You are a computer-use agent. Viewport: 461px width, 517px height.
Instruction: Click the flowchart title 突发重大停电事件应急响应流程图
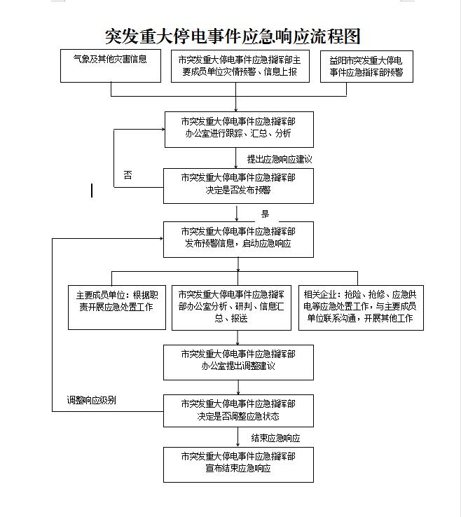(x=233, y=36)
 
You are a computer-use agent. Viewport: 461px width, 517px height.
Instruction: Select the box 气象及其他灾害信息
(x=111, y=66)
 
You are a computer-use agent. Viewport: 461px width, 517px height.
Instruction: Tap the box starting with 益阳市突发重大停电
(x=366, y=67)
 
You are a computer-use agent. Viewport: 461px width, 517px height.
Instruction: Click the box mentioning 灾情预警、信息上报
(x=240, y=66)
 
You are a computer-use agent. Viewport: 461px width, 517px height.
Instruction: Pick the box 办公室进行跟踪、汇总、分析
(x=239, y=129)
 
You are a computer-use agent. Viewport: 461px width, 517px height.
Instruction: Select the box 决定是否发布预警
(x=238, y=186)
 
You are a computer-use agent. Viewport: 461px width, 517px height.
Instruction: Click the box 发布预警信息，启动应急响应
(x=238, y=240)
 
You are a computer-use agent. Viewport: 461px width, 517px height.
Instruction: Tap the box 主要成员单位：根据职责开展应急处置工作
(x=117, y=308)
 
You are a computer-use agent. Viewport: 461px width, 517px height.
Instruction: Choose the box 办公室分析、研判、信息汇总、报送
(x=231, y=308)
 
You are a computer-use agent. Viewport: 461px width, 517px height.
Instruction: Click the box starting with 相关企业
(x=361, y=308)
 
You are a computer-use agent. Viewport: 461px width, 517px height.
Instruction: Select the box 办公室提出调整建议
(x=238, y=362)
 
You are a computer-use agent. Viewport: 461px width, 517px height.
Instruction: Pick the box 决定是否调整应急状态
(x=238, y=411)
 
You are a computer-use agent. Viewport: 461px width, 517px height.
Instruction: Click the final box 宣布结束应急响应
(x=238, y=464)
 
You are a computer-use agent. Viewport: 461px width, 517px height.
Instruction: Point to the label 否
(x=128, y=174)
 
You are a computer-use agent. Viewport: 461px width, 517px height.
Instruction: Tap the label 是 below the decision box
(x=265, y=214)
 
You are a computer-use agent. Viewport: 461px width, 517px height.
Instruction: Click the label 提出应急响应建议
(x=280, y=159)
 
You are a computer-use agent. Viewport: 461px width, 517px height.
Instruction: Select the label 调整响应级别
(x=91, y=400)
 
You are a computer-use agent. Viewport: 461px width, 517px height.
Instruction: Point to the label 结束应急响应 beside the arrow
(x=275, y=438)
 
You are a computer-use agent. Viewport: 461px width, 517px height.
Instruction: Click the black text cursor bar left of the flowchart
(x=92, y=191)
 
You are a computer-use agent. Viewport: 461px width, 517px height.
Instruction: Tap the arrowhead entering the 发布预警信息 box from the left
(x=161, y=238)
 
